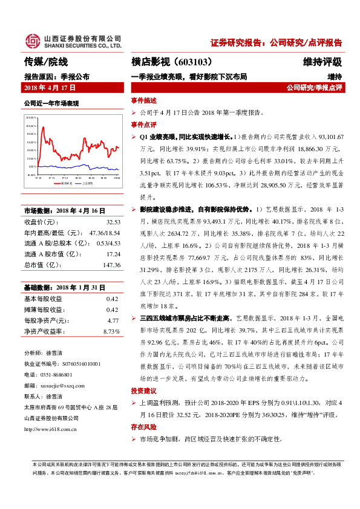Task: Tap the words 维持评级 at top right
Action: coord(322,62)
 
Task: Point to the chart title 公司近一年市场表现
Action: coord(51,104)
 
